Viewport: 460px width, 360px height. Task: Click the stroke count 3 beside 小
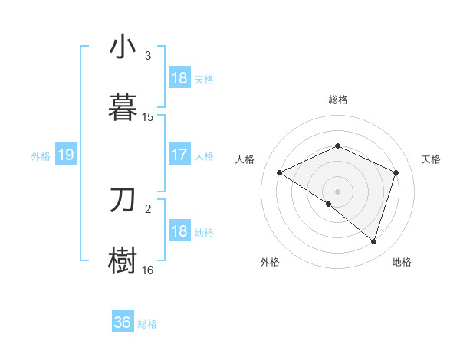pos(148,56)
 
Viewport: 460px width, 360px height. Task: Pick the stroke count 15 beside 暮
pos(148,117)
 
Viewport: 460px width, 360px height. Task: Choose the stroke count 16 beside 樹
pos(148,270)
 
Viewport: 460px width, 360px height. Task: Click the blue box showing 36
pos(123,322)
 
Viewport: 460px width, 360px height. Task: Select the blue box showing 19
pos(66,155)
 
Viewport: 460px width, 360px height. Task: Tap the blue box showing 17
pos(179,155)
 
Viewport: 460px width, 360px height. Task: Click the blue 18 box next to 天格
pos(179,78)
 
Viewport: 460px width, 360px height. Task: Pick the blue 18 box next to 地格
pos(179,231)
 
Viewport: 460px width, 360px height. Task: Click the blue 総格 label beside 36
pos(147,324)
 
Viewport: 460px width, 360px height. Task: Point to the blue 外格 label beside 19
pos(41,156)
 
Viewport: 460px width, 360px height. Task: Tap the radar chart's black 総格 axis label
pos(337,100)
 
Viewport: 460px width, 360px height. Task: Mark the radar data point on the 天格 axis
pos(396,172)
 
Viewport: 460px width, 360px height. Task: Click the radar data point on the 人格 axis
pos(280,173)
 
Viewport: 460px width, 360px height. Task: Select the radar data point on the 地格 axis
pos(373,241)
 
